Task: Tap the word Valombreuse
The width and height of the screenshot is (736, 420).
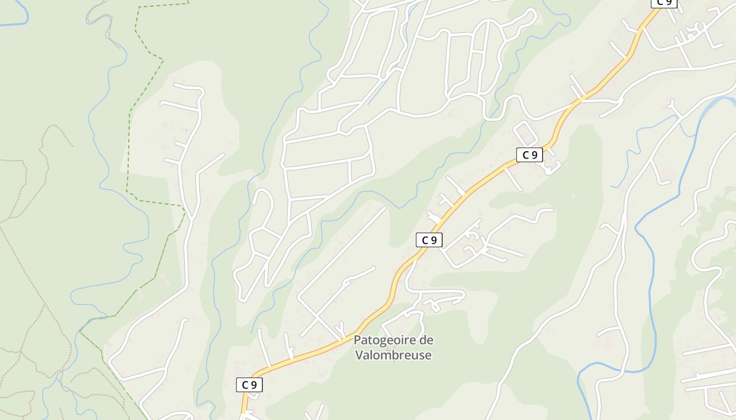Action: pos(393,355)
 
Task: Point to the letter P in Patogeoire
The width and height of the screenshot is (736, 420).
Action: pos(357,340)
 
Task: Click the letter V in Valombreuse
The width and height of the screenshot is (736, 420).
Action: pos(359,355)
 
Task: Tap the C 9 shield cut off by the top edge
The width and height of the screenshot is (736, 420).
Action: pos(664,3)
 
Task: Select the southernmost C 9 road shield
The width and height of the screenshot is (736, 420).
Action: pos(249,385)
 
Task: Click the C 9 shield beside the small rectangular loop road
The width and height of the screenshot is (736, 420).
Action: pos(529,155)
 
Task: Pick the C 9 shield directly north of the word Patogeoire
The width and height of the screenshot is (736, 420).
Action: pos(430,240)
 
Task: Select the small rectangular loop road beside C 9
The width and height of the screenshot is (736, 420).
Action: pos(525,133)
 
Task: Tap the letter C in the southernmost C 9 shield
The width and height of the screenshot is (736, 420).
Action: pos(245,385)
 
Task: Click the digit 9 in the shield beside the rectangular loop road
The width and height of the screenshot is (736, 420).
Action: pos(534,155)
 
